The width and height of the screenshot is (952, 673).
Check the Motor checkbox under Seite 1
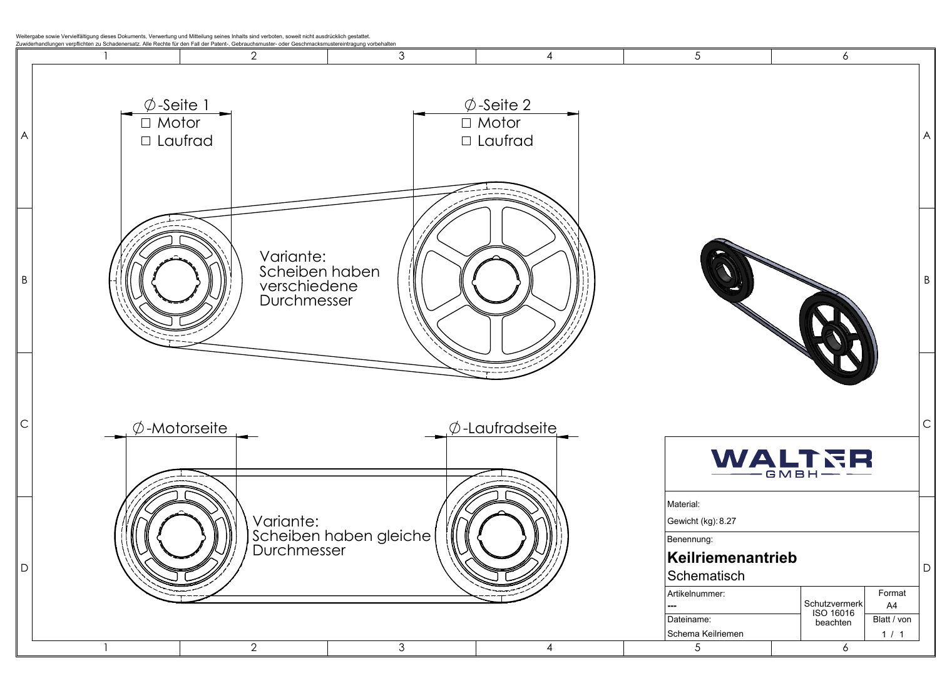[x=146, y=123]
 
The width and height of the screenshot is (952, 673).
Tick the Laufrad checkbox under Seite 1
[x=146, y=141]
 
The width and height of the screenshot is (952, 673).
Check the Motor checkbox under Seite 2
[x=466, y=123]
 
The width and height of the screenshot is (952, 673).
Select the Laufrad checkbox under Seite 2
[x=466, y=141]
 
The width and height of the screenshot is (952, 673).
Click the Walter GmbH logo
[x=791, y=463]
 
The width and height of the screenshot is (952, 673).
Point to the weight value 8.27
[x=727, y=521]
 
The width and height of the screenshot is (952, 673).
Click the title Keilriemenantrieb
[x=732, y=557]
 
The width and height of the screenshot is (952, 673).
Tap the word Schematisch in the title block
[x=706, y=575]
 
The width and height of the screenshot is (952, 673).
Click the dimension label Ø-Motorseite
[x=180, y=428]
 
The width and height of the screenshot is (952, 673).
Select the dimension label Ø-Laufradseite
[x=503, y=428]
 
